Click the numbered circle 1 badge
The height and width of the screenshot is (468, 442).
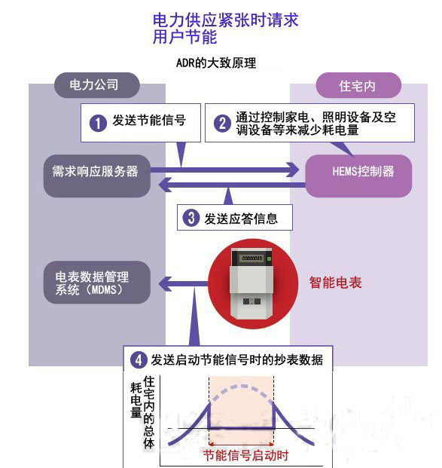(x=98, y=123)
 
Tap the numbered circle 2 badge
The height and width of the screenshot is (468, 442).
(x=222, y=124)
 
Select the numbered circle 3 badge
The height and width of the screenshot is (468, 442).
(x=191, y=218)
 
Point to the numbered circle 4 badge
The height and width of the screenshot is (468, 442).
(x=139, y=360)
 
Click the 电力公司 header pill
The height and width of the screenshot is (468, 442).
(x=96, y=85)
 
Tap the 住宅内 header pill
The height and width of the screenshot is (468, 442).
(x=358, y=85)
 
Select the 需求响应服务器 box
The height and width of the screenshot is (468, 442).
(x=97, y=176)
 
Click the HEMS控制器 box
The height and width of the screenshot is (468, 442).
(x=358, y=176)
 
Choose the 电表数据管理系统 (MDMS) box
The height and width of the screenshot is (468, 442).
(x=97, y=283)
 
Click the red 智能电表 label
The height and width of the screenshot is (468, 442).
(x=335, y=283)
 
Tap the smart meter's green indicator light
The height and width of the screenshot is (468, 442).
(x=269, y=258)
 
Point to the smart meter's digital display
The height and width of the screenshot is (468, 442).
(x=252, y=258)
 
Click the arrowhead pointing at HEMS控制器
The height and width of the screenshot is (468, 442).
(x=292, y=170)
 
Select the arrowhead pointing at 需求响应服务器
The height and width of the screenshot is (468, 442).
(x=165, y=185)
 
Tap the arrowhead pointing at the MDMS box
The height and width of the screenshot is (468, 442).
(x=165, y=284)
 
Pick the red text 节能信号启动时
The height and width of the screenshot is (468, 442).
(x=245, y=455)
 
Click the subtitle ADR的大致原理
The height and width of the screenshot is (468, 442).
(x=216, y=63)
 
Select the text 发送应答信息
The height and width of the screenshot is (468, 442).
(x=241, y=219)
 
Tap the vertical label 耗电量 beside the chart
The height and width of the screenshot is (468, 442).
(x=136, y=400)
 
